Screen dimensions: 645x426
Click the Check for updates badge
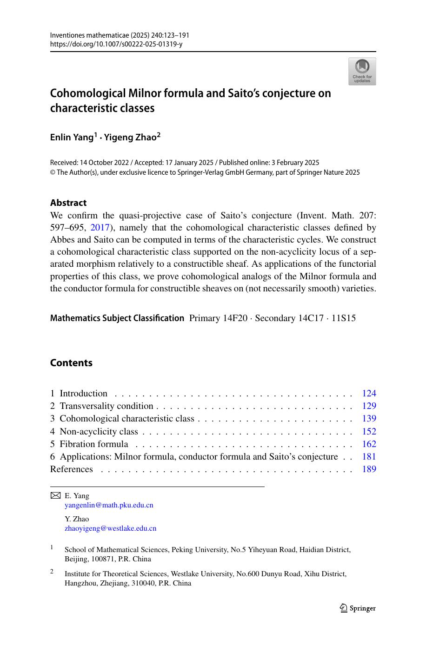[362, 71]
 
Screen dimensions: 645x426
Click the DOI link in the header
[116, 44]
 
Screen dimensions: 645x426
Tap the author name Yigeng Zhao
[131, 137]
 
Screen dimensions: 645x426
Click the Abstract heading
[68, 203]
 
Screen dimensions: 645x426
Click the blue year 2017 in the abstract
[100, 228]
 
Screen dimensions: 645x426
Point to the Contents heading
[71, 363]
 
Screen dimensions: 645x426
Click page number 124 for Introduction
[369, 394]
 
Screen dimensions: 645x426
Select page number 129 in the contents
[369, 406]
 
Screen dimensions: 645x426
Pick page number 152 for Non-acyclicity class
[369, 432]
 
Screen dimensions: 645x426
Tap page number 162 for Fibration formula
[369, 444]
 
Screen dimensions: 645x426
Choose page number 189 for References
[369, 469]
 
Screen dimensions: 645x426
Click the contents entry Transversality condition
[106, 406]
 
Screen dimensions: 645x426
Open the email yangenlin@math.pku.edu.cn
[109, 505]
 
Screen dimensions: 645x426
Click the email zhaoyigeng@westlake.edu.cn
[111, 528]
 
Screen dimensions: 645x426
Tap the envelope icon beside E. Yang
[55, 496]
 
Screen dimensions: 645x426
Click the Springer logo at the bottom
[358, 608]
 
